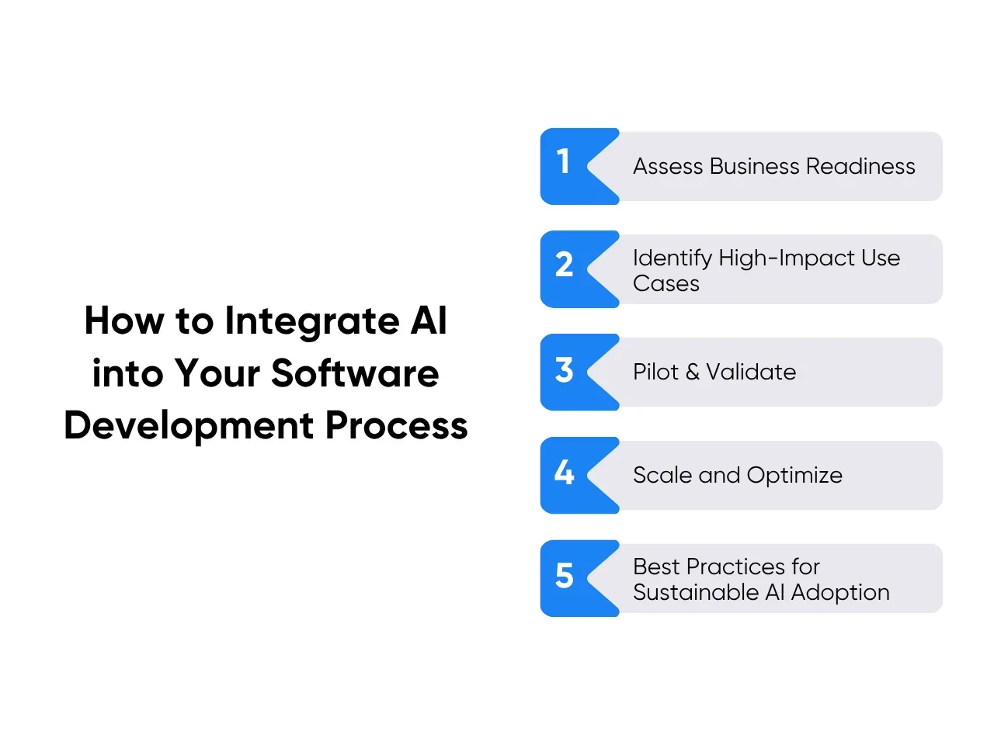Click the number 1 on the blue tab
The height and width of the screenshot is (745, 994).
click(563, 161)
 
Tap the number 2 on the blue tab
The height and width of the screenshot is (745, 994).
click(565, 264)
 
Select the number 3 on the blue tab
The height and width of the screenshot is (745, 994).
click(565, 369)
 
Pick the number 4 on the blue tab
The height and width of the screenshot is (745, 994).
click(565, 473)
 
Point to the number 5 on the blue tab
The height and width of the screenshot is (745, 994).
click(565, 575)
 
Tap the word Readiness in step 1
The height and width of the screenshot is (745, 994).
click(861, 166)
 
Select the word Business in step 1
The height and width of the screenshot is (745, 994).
click(755, 166)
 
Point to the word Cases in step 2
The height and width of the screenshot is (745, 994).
click(666, 284)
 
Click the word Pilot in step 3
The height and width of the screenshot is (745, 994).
click(655, 372)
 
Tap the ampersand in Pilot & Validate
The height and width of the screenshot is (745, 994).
click(693, 372)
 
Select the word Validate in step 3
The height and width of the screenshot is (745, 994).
click(751, 372)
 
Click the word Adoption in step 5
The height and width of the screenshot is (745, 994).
click(840, 594)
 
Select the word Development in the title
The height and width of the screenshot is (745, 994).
click(189, 428)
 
